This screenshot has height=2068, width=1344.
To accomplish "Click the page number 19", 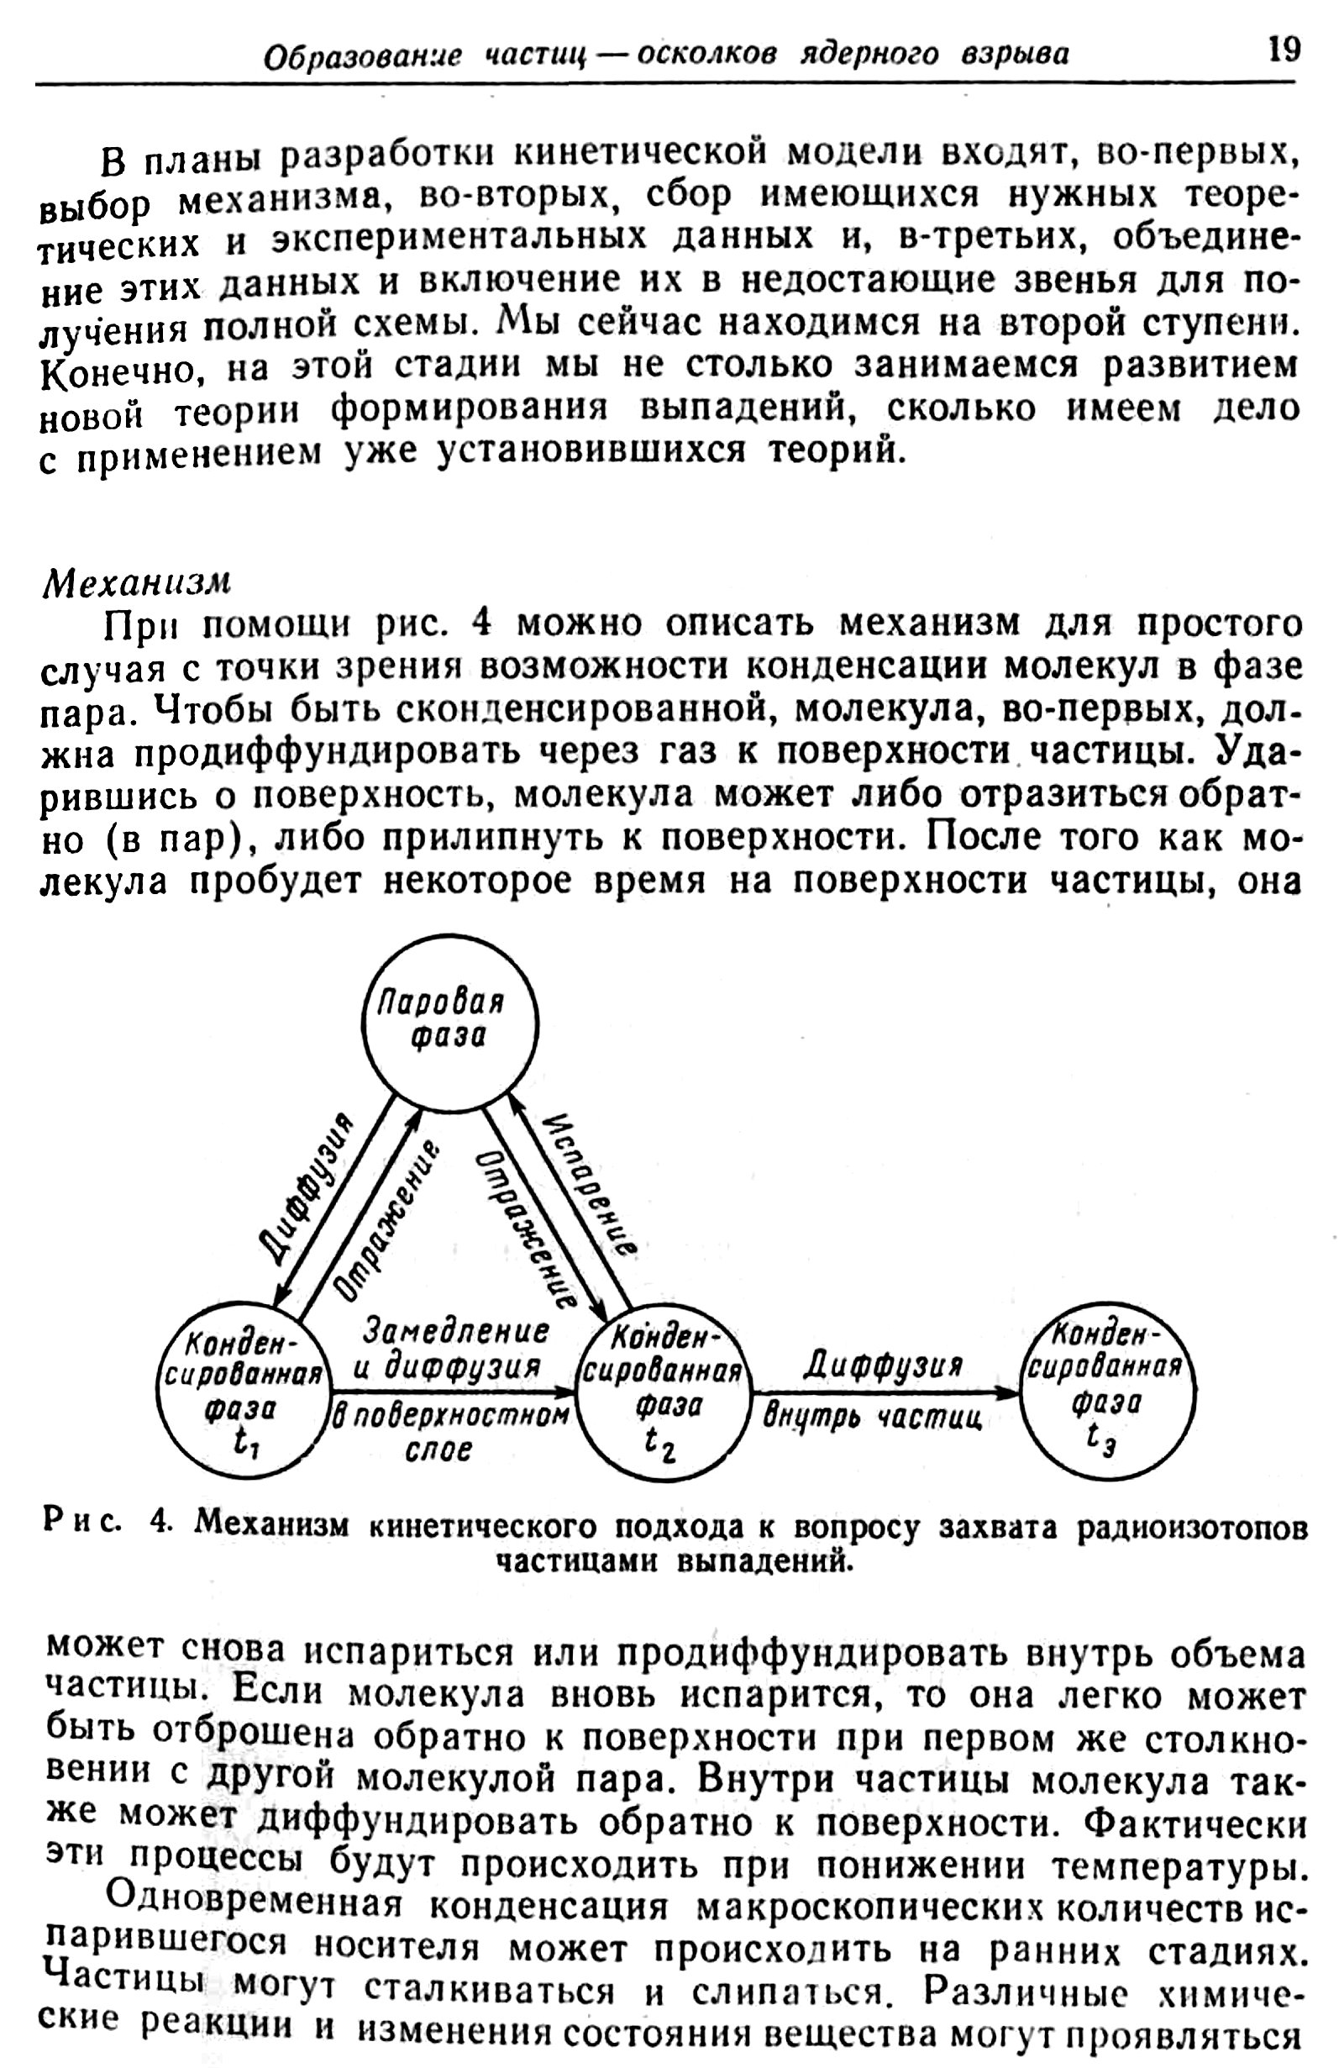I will (1284, 50).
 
